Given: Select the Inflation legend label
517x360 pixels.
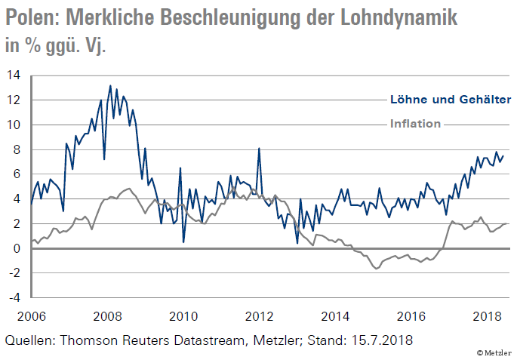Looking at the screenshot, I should tap(415, 124).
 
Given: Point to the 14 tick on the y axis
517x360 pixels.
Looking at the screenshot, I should tap(14, 75).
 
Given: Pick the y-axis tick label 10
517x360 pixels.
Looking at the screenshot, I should tap(14, 125).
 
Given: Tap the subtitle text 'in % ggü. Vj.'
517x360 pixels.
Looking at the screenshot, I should tap(56, 47).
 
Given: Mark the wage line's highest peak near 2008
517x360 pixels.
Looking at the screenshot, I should tap(110, 86).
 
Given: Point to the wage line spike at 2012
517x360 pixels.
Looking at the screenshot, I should tap(259, 149).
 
